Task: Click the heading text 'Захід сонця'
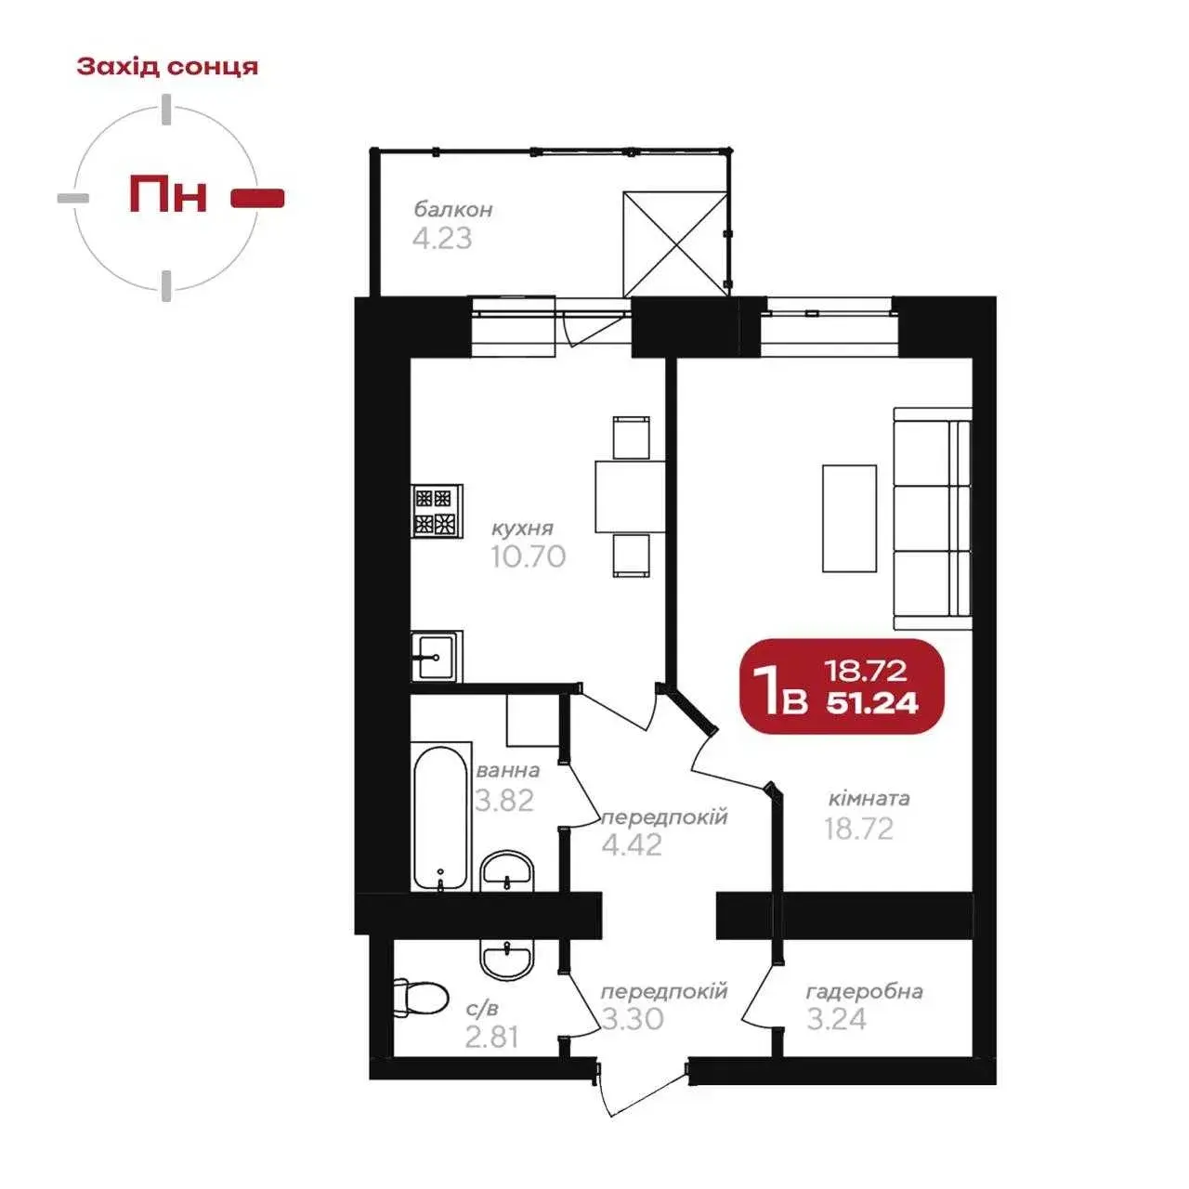click(x=167, y=67)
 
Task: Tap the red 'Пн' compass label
click(x=168, y=194)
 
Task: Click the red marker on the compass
click(x=257, y=198)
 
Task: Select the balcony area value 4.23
click(x=442, y=238)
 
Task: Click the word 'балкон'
click(x=453, y=210)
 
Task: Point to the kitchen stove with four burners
click(x=437, y=511)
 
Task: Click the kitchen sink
click(x=437, y=656)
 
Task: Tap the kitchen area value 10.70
click(x=529, y=556)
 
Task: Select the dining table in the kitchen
click(x=630, y=496)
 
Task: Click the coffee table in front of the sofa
click(x=849, y=518)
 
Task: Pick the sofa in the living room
click(x=933, y=518)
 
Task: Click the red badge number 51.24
click(x=872, y=703)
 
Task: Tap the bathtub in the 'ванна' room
click(x=440, y=818)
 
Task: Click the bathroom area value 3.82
click(x=504, y=801)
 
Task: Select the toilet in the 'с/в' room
click(x=421, y=1002)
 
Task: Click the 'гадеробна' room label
click(x=865, y=991)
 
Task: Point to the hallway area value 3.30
click(x=633, y=1019)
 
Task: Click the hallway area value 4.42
click(x=632, y=844)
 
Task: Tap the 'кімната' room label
click(x=869, y=799)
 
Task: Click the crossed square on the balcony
click(x=675, y=244)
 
